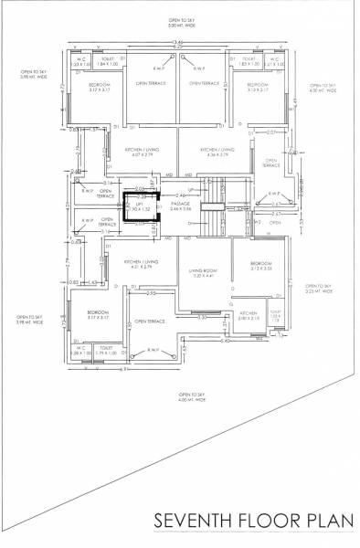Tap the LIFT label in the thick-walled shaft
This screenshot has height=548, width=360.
point(142,206)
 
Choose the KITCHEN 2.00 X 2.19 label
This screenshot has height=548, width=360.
point(249,316)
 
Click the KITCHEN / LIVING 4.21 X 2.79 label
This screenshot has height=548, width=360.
point(142,264)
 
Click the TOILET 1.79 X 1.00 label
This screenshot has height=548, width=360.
point(107,350)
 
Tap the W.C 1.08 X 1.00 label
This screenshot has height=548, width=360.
point(80,350)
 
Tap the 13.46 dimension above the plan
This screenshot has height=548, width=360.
point(178,42)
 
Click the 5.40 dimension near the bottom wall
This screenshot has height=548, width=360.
point(225,341)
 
